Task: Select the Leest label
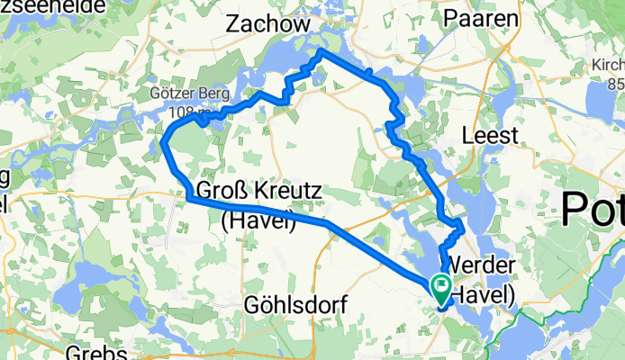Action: (x=490, y=136)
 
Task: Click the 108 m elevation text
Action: (x=184, y=112)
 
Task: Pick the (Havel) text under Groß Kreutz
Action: (x=258, y=220)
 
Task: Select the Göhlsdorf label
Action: (x=295, y=306)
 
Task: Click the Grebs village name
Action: (x=95, y=351)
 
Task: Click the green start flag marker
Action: (x=442, y=289)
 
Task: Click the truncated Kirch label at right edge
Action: (x=607, y=66)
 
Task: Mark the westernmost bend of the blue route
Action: (x=163, y=142)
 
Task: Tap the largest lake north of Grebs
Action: (x=90, y=278)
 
